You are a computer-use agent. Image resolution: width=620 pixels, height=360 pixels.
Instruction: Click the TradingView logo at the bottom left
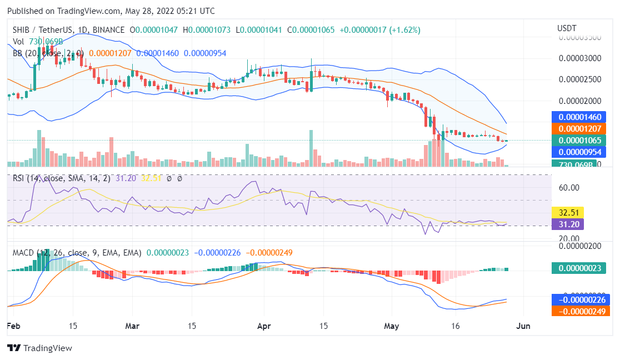(39, 348)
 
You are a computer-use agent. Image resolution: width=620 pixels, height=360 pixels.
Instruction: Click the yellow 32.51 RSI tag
(566, 212)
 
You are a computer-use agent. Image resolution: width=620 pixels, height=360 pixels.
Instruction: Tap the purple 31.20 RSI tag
(566, 224)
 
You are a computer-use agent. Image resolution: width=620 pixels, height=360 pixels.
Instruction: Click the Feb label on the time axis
(14, 327)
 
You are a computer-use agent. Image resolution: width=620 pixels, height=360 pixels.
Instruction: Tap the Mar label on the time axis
(132, 327)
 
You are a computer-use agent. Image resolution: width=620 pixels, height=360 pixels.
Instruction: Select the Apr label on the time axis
(264, 327)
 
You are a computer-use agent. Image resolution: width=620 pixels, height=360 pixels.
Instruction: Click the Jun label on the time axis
(523, 327)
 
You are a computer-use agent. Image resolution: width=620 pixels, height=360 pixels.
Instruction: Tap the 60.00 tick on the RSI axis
(569, 188)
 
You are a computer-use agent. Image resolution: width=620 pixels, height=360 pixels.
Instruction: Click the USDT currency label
(567, 28)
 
